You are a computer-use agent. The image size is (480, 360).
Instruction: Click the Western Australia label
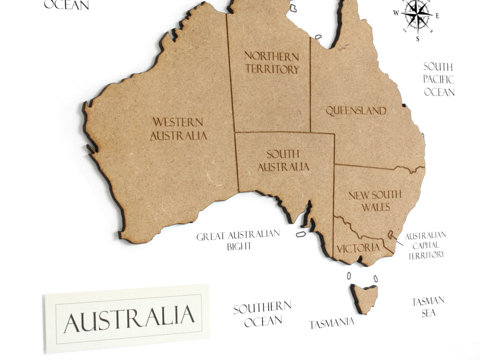179,129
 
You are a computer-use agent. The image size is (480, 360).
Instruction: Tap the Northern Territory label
272,62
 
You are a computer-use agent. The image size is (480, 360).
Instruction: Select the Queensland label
356,111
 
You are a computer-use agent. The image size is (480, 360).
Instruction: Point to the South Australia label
283,160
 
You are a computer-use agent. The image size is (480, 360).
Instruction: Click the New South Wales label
375,201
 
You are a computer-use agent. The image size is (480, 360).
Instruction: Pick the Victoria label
358,248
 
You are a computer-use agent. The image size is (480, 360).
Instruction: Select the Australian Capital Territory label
426,245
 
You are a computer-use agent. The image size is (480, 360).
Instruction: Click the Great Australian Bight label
238,240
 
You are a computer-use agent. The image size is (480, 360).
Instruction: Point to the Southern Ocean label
262,314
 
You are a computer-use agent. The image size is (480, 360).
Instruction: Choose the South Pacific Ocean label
439,79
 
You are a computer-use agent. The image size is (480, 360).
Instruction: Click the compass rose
417,14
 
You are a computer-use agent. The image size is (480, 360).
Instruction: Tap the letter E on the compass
437,15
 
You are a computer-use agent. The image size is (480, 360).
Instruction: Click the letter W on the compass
396,13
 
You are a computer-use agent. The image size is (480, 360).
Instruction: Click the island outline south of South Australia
301,234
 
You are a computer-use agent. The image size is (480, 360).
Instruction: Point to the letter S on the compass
418,39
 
